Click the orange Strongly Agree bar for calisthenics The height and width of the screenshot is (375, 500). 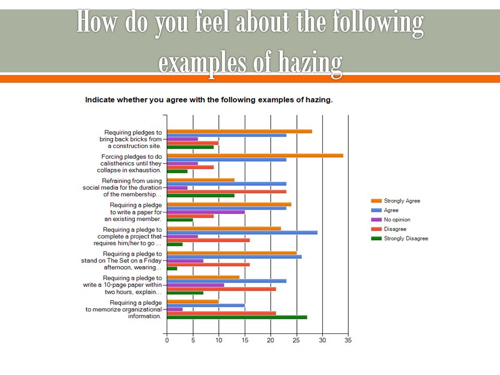pos(255,156)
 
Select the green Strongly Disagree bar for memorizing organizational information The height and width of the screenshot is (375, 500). pos(237,317)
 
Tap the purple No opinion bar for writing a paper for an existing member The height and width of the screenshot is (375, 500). pos(206,212)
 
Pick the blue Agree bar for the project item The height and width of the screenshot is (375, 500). pos(242,232)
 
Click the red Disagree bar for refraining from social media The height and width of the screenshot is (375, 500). pos(227,192)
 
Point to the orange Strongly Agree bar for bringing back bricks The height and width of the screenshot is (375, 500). pos(240,131)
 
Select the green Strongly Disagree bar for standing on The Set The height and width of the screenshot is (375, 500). pos(172,269)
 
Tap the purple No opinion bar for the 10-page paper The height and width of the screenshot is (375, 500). pos(195,285)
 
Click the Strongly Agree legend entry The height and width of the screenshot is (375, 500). pos(395,201)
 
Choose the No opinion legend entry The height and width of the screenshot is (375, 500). pos(391,220)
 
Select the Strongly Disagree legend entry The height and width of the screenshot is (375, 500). pos(399,239)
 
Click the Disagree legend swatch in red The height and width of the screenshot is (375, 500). pos(376,229)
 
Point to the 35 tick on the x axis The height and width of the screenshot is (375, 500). pos(348,340)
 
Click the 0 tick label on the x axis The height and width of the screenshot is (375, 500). pos(167,340)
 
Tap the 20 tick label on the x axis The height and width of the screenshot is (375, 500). pos(270,340)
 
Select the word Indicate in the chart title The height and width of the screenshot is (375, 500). pos(100,100)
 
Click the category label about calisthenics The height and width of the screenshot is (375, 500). pos(130,163)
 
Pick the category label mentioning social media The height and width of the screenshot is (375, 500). pos(122,187)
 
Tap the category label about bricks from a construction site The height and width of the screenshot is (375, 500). pos(131,139)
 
